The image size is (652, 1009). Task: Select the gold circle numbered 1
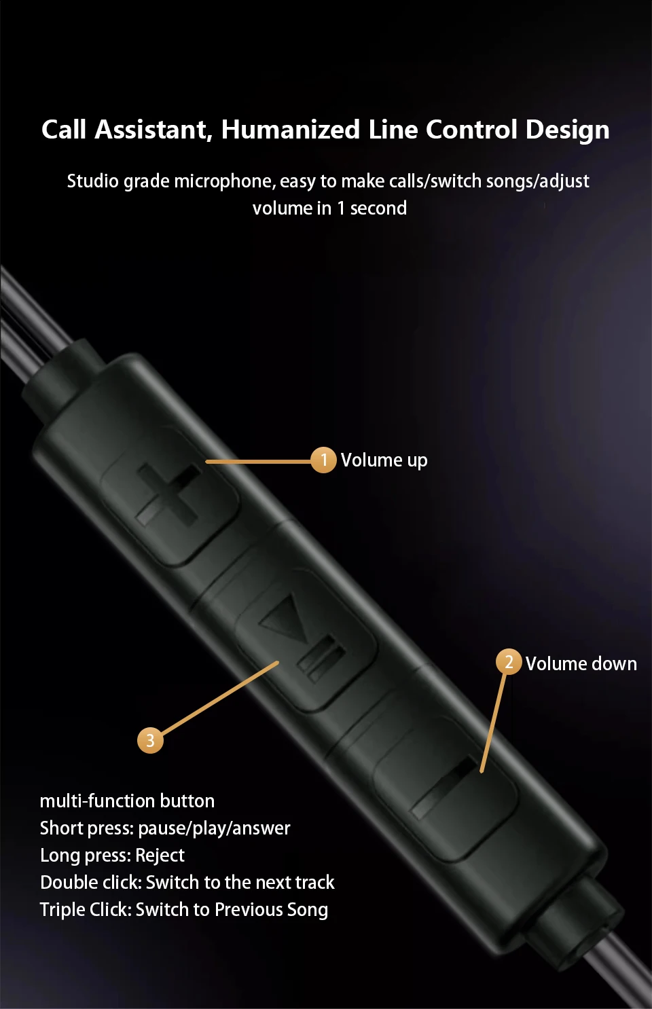click(323, 460)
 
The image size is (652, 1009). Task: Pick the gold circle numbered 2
click(509, 662)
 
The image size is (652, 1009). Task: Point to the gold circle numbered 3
click(150, 740)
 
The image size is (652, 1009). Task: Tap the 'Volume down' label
click(581, 664)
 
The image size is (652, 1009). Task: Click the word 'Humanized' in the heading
click(290, 130)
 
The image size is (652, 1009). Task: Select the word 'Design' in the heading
click(567, 130)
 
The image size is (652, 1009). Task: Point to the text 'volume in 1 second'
click(329, 208)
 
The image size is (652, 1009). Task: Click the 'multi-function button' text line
click(127, 801)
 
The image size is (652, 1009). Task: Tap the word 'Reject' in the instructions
click(160, 856)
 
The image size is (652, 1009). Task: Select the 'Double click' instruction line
click(187, 883)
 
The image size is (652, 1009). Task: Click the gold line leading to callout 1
click(258, 461)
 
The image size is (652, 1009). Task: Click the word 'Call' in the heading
click(64, 130)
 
